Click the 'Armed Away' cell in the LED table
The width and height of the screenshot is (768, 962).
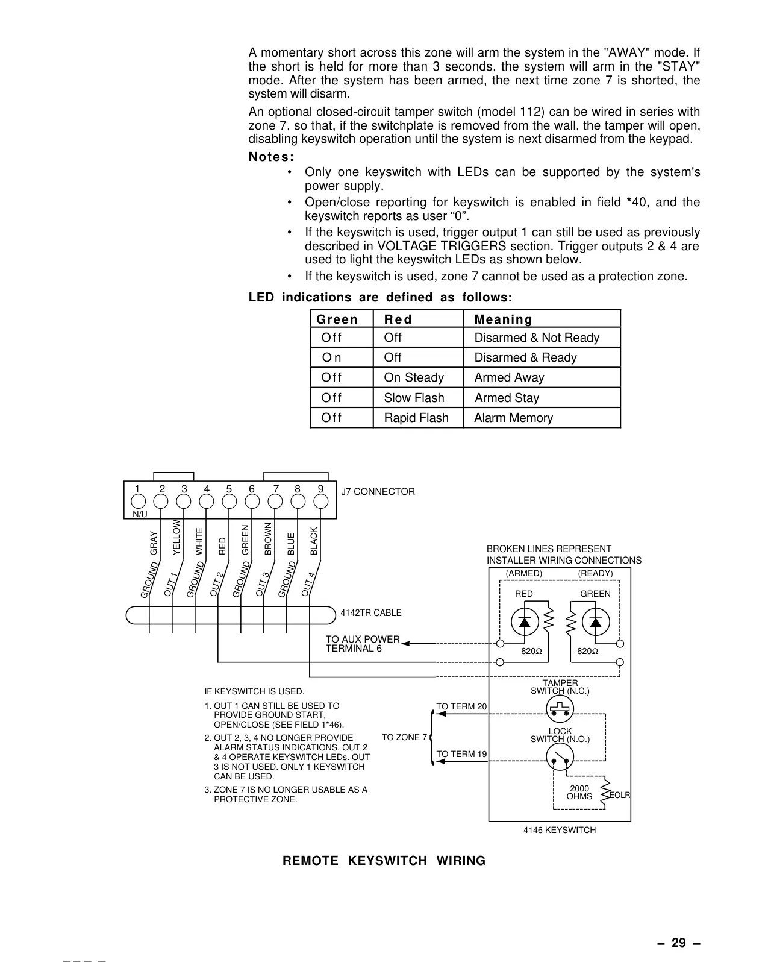(509, 378)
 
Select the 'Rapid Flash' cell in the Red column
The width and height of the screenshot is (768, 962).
(416, 418)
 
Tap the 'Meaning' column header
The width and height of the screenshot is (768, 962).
(503, 319)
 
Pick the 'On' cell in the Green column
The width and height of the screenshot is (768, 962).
(331, 357)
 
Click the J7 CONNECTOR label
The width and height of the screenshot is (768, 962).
(378, 492)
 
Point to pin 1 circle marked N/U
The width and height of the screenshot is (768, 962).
(138, 501)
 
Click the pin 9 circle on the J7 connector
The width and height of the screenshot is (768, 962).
(321, 501)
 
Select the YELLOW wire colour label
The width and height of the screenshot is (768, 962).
(176, 537)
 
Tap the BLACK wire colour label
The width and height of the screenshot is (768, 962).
(314, 541)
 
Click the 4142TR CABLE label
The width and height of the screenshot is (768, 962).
(371, 613)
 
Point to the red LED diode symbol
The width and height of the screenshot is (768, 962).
(525, 622)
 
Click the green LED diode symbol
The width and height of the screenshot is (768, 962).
(596, 622)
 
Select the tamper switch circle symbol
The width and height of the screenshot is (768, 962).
(560, 708)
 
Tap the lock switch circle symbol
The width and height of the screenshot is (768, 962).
(560, 757)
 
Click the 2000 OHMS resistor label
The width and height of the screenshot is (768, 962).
(579, 792)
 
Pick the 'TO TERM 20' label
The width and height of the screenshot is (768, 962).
(461, 706)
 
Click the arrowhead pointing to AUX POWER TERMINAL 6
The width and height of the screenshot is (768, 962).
(405, 643)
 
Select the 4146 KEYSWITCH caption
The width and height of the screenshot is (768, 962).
(560, 830)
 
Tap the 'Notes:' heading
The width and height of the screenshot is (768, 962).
(271, 157)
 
